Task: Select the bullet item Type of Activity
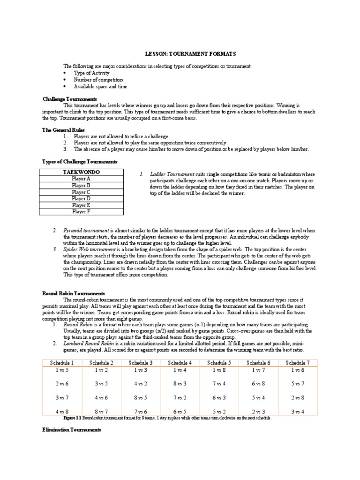tap(91, 73)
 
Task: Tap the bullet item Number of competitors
tap(97, 80)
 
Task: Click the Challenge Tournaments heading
tap(69, 99)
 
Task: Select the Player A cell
tap(82, 179)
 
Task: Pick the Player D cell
tap(82, 198)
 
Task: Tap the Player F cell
tap(82, 211)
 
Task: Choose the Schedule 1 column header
tap(62, 362)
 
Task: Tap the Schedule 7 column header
tap(298, 362)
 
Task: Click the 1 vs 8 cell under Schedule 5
tap(219, 370)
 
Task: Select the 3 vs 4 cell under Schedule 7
tap(298, 412)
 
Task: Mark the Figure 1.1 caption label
tap(72, 418)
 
